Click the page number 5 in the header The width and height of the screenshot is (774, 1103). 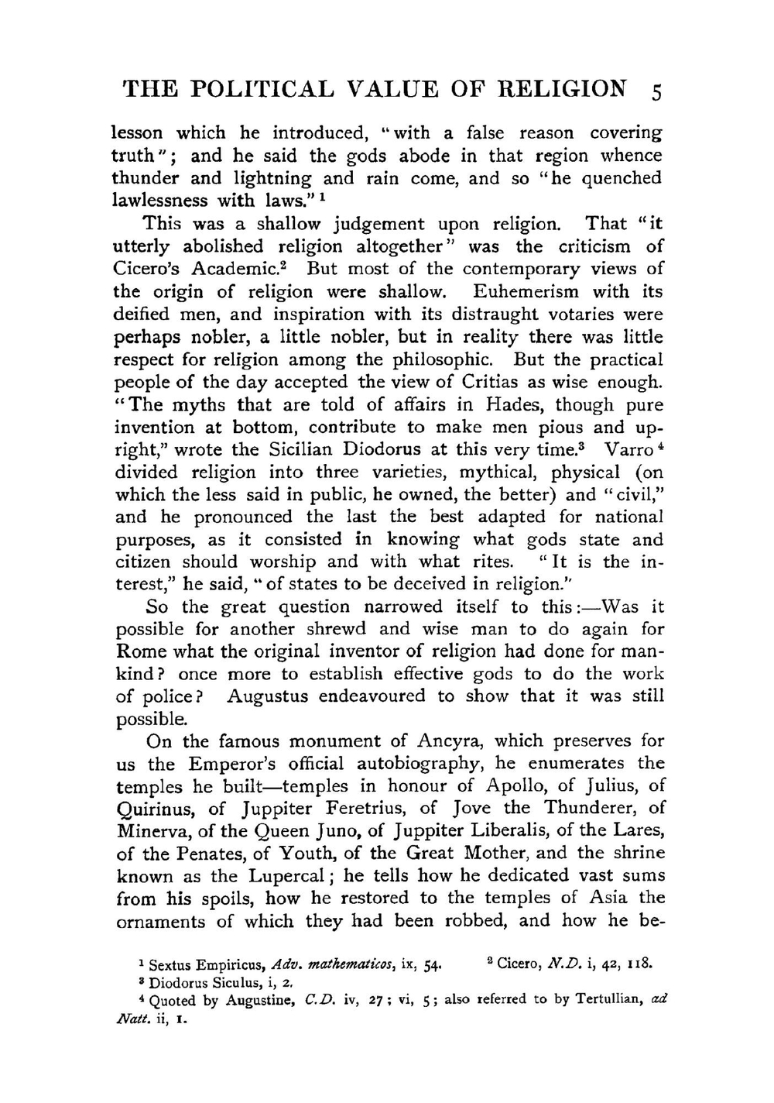coord(656,91)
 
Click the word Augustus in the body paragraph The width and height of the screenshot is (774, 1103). coord(268,696)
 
